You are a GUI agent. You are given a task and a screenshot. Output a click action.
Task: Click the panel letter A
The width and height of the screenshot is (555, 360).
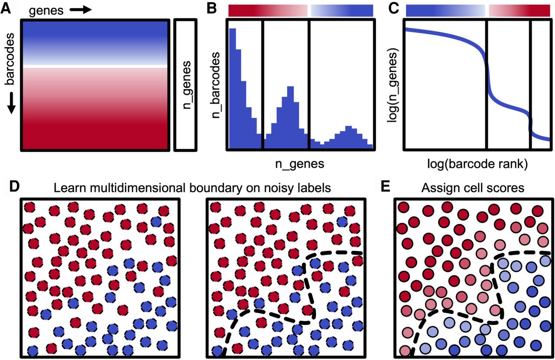[x=6, y=9]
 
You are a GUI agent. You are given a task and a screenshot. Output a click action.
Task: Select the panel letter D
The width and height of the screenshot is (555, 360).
[x=14, y=187]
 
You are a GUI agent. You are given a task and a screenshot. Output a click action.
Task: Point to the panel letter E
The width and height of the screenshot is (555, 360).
[x=385, y=187]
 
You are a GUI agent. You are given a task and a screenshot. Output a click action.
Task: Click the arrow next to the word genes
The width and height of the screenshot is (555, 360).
[x=81, y=10]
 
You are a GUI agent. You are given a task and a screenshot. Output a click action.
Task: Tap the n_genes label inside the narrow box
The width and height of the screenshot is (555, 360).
[x=186, y=85]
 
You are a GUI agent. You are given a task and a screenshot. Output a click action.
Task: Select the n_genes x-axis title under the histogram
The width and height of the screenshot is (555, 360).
[x=300, y=164]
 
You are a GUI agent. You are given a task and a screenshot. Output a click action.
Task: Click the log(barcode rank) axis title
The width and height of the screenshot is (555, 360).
[x=477, y=164]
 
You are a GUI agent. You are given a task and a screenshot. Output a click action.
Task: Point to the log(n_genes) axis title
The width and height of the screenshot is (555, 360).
[x=393, y=85]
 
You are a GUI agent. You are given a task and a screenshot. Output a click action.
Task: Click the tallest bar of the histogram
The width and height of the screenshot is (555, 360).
[x=232, y=88]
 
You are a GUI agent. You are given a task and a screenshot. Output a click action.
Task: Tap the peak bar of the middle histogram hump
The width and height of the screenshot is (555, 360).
[x=291, y=118]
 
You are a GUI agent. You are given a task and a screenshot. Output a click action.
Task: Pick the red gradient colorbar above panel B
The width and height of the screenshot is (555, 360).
[x=268, y=11]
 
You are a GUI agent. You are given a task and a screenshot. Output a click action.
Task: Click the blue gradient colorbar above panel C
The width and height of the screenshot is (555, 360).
[x=445, y=11]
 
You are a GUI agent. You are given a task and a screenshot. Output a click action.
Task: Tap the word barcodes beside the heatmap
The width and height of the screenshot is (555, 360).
[x=10, y=59]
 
